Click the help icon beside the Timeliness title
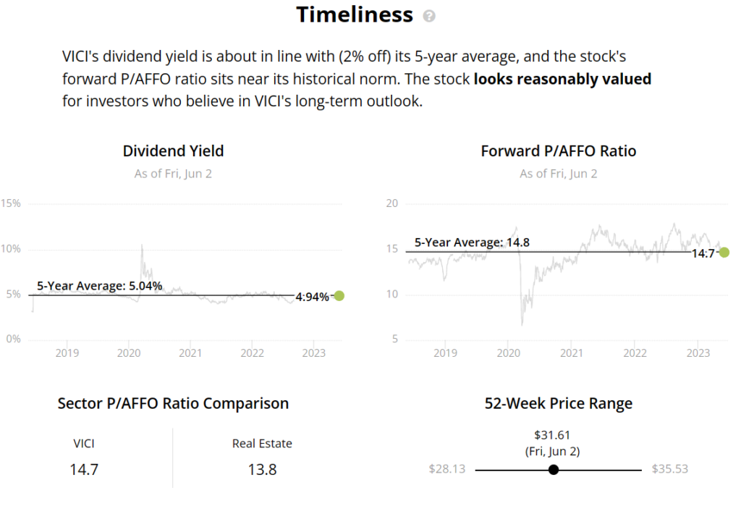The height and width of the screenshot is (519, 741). point(429,16)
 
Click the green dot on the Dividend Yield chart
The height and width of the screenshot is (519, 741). point(339,296)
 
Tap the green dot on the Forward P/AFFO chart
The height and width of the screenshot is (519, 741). point(724,253)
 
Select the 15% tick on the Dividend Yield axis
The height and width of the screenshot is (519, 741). point(11,203)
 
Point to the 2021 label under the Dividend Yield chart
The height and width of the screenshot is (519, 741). point(190,353)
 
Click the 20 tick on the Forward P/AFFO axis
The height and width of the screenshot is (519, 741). point(391,203)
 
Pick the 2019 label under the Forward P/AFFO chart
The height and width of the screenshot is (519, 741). point(445,353)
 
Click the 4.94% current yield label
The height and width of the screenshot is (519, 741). point(312,297)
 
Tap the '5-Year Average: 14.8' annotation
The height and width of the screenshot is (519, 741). point(472,242)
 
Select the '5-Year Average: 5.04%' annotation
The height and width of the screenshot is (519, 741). point(100,286)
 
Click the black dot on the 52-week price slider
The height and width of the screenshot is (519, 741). point(554,470)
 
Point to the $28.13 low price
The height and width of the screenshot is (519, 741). point(447,469)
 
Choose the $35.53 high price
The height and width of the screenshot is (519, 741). point(670,469)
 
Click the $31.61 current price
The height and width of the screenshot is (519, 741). point(552,435)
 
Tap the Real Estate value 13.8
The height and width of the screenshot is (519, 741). point(262,469)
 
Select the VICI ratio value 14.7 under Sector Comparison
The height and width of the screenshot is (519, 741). point(84,469)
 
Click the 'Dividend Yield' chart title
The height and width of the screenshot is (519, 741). point(174,151)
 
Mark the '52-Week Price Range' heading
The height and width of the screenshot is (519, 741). point(559,403)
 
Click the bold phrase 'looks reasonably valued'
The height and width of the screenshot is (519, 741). point(562,79)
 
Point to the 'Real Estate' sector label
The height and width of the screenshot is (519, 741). point(262,444)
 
